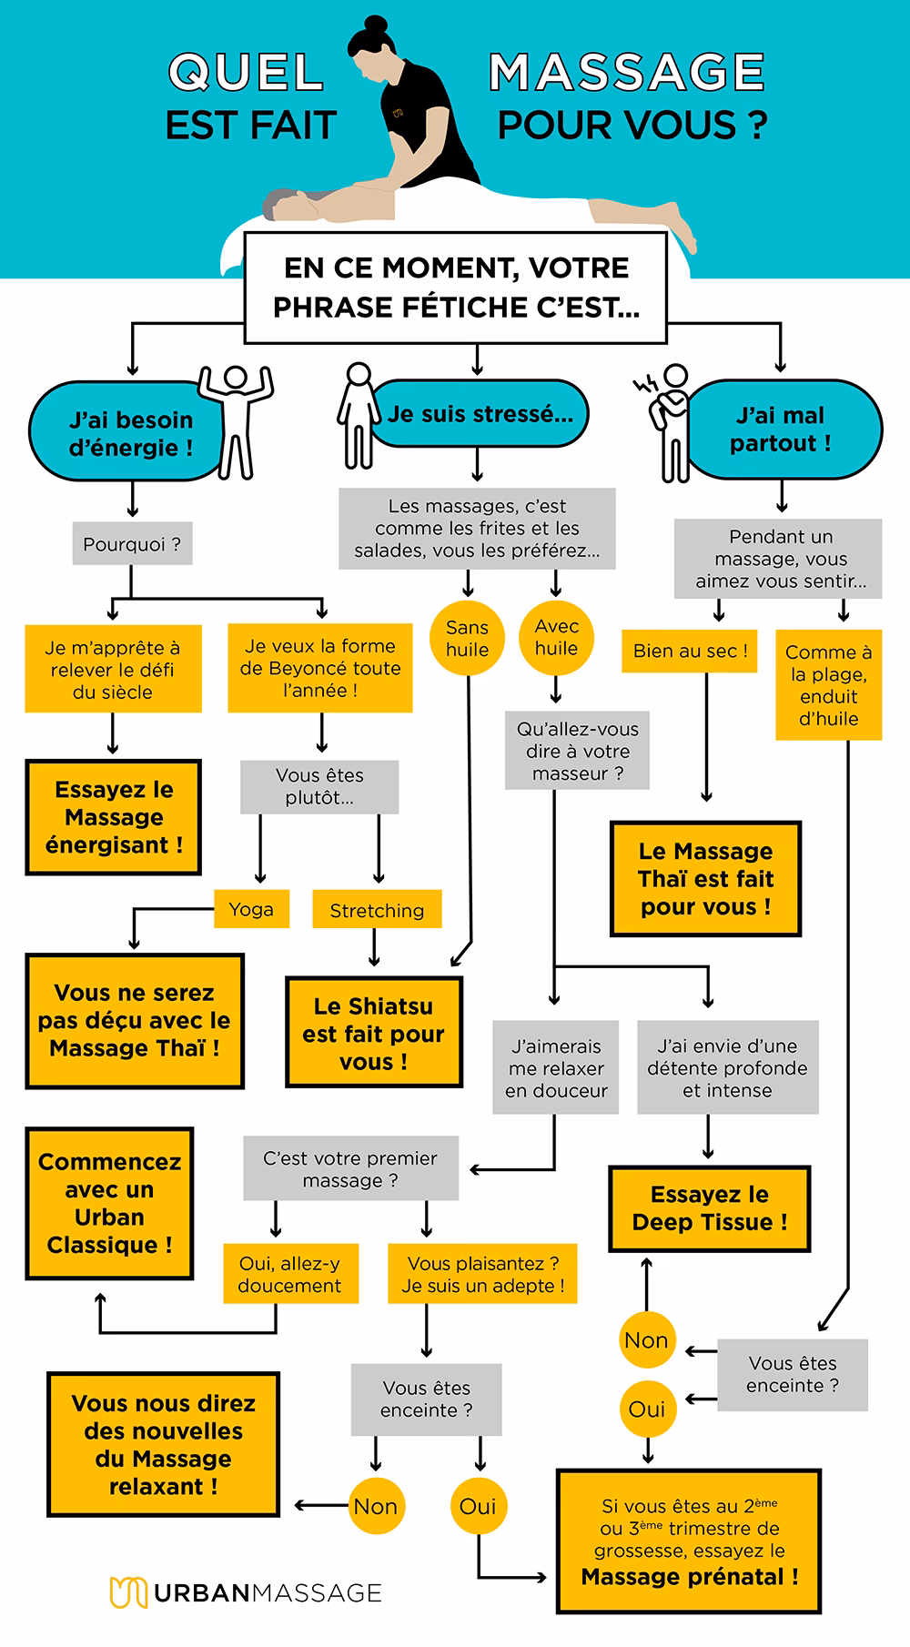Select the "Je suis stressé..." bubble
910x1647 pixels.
[480, 414]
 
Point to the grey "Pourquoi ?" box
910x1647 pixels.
[131, 544]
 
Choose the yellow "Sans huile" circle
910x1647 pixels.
[467, 638]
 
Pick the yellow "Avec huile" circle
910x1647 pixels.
[556, 637]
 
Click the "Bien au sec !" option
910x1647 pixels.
[690, 652]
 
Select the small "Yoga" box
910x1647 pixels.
[251, 909]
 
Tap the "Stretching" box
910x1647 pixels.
[377, 910]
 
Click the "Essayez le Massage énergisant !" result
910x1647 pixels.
[114, 817]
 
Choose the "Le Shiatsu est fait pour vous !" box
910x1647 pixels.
[373, 1033]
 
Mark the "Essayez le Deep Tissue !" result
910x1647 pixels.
[710, 1208]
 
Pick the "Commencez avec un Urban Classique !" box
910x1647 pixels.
[109, 1203]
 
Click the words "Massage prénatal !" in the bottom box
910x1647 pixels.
[690, 1577]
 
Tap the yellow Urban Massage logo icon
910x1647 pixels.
[127, 1591]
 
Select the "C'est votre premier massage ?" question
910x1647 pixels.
[350, 1169]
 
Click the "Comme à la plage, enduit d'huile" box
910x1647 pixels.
[828, 685]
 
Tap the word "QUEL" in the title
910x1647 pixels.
[246, 73]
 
